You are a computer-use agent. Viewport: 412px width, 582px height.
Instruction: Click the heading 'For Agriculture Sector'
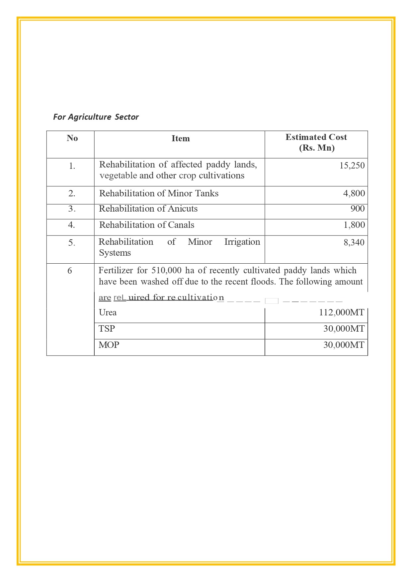point(96,117)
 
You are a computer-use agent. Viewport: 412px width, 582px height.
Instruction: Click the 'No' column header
point(72,138)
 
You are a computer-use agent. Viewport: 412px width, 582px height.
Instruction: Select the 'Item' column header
point(181,138)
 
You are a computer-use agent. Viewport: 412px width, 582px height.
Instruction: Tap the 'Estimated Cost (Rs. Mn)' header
point(316,142)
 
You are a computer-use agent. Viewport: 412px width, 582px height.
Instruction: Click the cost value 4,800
point(354,193)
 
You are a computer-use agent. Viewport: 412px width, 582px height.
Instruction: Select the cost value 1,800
point(354,225)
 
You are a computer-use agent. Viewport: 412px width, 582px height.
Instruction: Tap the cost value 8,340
point(354,242)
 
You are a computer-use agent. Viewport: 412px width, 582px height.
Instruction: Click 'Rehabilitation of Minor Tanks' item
point(159,193)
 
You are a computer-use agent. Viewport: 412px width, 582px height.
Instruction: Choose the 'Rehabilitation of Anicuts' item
point(148,209)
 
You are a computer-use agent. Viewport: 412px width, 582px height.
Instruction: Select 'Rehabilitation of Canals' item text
point(146,225)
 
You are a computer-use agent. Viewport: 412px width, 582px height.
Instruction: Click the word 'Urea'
point(108,312)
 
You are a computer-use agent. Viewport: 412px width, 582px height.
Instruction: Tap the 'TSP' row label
point(107,329)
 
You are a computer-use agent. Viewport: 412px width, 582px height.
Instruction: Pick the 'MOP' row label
point(109,345)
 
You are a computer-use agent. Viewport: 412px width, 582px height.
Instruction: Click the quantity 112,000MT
point(341,312)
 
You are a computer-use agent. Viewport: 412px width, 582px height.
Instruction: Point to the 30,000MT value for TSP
point(344,329)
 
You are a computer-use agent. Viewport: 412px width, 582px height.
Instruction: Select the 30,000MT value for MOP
point(344,345)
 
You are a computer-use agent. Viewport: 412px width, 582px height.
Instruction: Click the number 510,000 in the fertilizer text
point(166,270)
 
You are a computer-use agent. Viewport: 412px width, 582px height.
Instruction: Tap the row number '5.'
point(72,243)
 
